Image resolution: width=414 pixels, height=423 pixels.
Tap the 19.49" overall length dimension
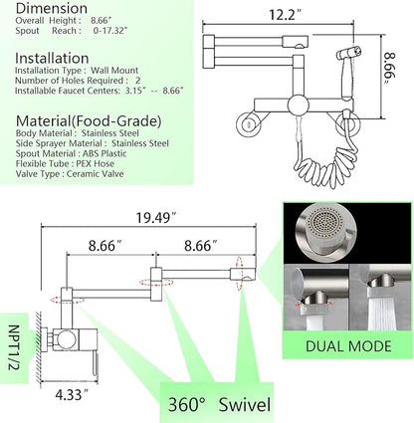coord(156,218)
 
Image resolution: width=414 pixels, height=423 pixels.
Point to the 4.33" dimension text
coord(72,395)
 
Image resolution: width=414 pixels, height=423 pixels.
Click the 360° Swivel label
coord(219,405)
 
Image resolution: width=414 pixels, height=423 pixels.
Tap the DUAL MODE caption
coord(348,346)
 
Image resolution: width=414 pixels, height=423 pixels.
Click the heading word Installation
coord(52,59)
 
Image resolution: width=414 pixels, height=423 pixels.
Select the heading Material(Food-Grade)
coord(89,121)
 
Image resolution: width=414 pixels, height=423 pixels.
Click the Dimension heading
coord(52,8)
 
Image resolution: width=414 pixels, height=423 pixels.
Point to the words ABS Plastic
coord(104,154)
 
